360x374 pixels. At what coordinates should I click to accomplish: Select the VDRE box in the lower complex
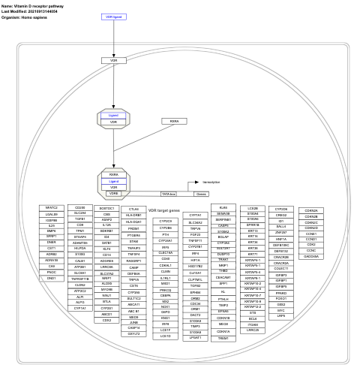click(114, 192)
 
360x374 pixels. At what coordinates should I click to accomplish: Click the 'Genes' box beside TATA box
click(180, 194)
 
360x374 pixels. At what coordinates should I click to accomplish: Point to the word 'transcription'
click(212, 182)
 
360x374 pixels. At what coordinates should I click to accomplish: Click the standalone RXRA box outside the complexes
click(174, 121)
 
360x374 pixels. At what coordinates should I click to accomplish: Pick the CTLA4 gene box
click(133, 209)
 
